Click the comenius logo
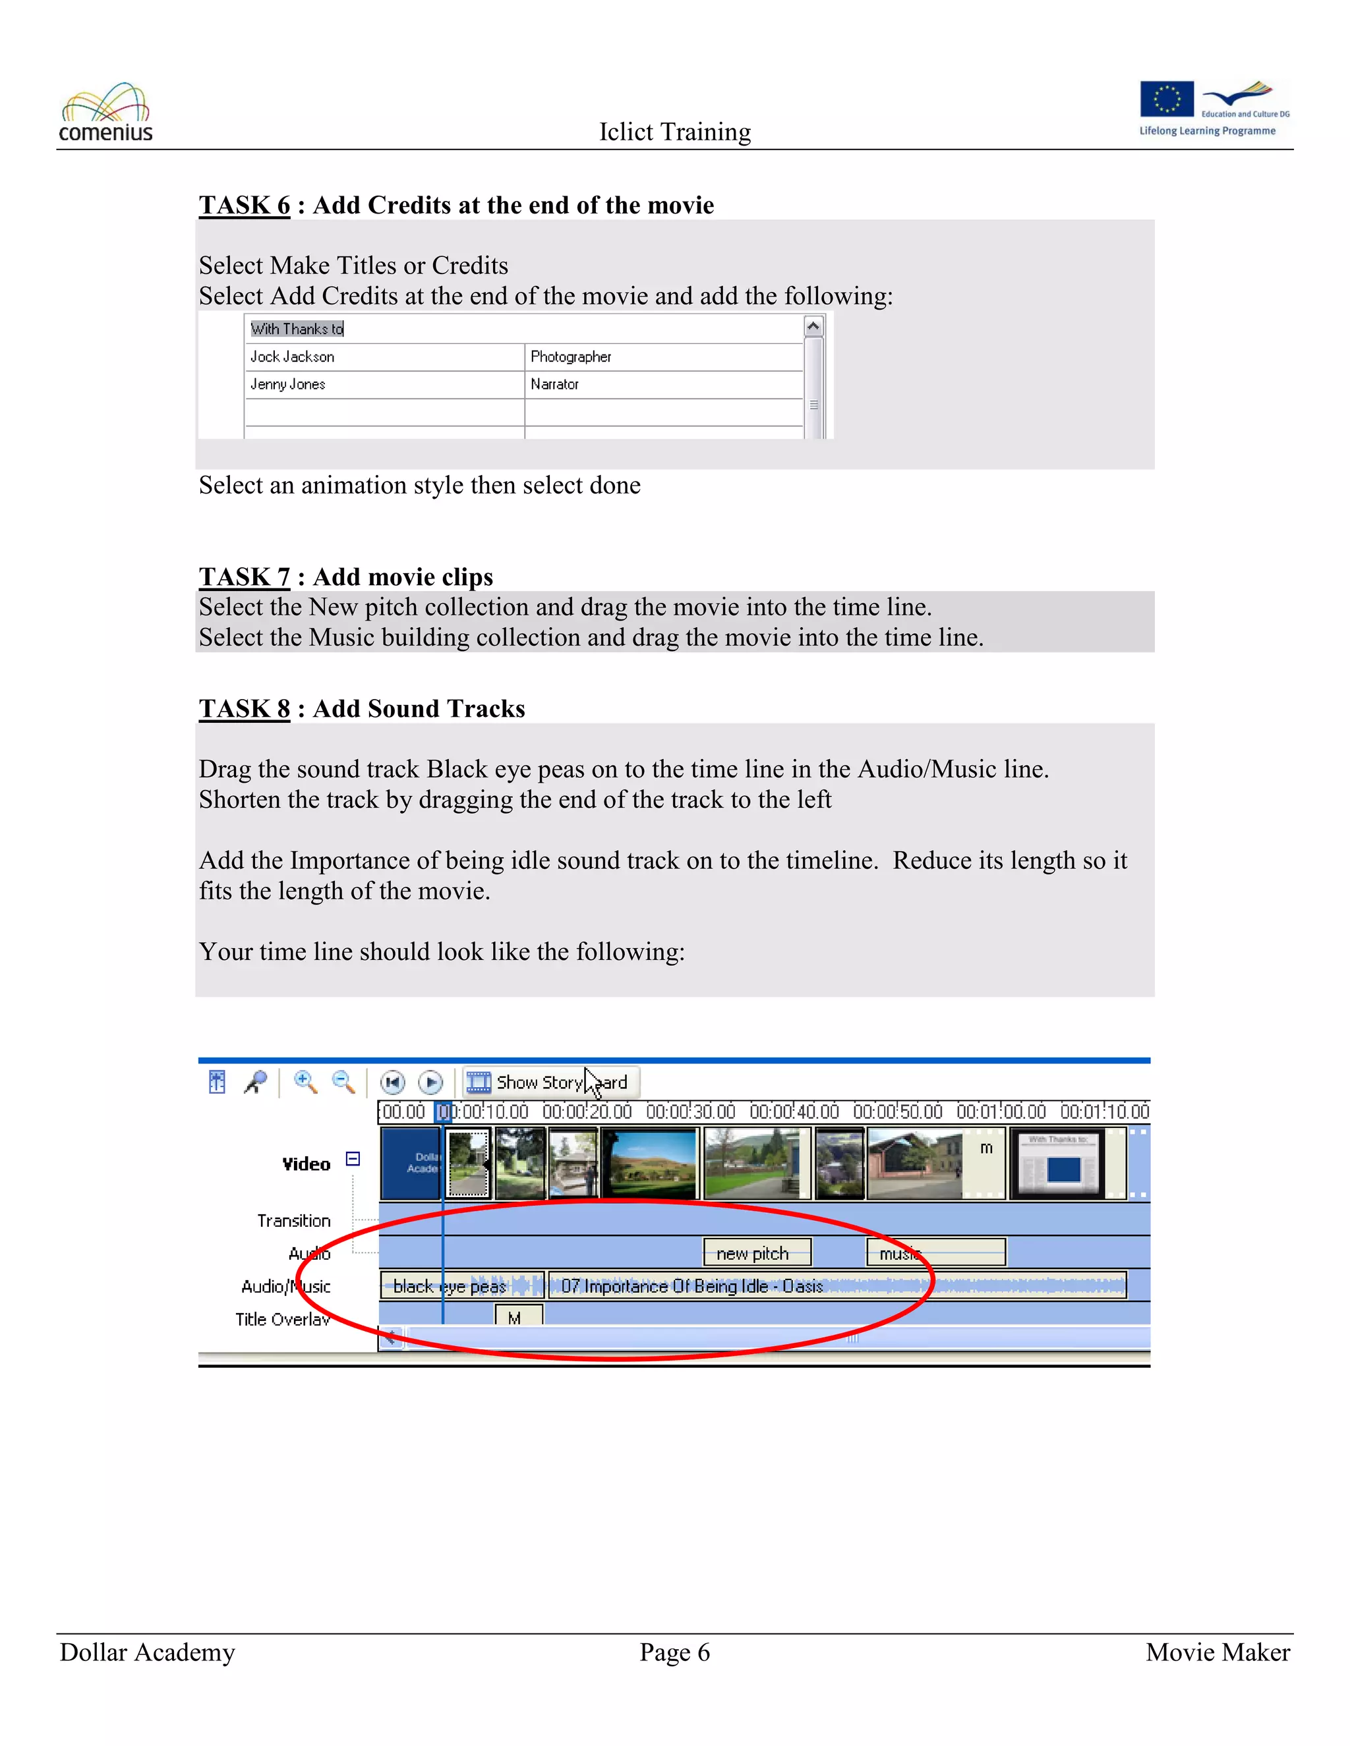tap(105, 113)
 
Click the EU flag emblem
tap(1166, 99)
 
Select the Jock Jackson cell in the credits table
tap(384, 356)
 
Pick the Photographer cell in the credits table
tap(663, 356)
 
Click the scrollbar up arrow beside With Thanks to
tap(813, 326)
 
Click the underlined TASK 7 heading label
tap(245, 577)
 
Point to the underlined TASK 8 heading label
tap(245, 708)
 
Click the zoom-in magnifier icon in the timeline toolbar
tap(305, 1082)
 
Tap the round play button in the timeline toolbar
tap(430, 1083)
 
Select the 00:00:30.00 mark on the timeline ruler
tap(690, 1112)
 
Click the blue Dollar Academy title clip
tap(410, 1163)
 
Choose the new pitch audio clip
tap(757, 1253)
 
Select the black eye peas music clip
tap(461, 1285)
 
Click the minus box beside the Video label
tap(353, 1158)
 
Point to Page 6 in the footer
tap(674, 1652)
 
